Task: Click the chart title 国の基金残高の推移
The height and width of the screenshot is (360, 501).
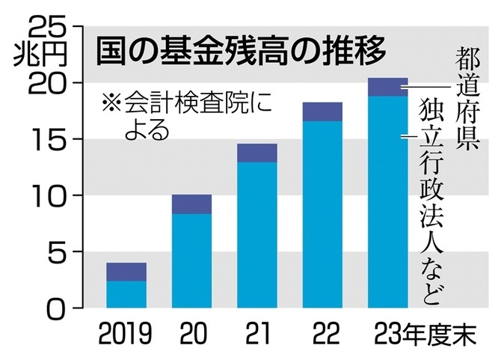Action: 241,52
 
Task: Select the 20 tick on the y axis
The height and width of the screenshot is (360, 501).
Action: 47,83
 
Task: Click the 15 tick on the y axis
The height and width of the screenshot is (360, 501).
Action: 47,139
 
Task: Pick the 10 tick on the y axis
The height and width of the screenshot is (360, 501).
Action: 47,195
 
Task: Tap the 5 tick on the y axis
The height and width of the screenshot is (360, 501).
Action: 56,251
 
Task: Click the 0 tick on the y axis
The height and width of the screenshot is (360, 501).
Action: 56,308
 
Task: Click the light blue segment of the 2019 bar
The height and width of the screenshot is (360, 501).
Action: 126,294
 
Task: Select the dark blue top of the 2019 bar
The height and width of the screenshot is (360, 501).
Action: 126,272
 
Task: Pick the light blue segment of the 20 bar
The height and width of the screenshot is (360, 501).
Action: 192,260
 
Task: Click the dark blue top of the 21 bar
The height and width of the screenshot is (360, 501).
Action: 257,153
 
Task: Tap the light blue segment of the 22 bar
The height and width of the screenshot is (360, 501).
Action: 322,214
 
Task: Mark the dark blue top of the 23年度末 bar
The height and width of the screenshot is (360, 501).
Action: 388,87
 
